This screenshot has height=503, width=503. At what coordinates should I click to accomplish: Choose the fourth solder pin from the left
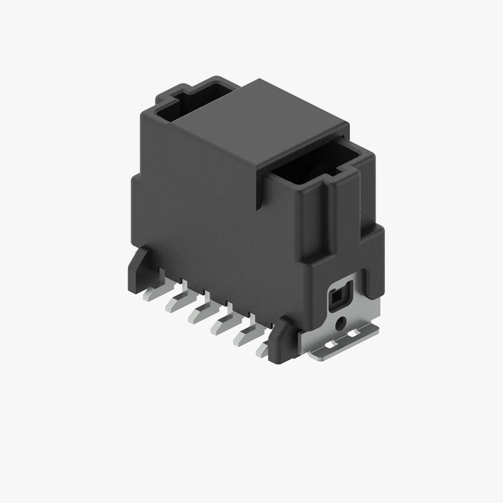(222, 325)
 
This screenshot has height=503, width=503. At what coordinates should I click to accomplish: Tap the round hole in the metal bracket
(341, 324)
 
